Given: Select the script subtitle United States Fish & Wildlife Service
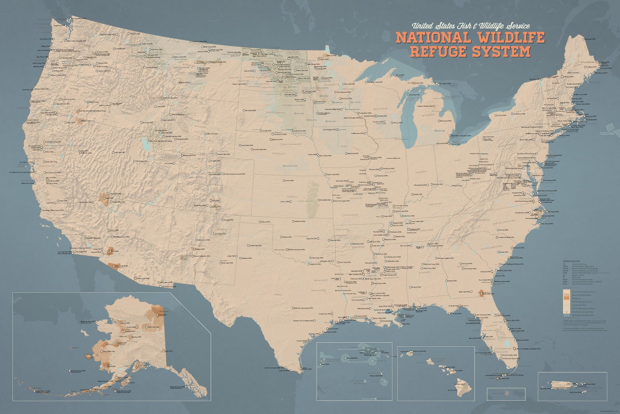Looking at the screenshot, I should click(471, 26).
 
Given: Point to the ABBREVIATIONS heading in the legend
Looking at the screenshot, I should click(571, 261).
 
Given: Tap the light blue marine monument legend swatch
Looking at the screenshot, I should click(566, 315).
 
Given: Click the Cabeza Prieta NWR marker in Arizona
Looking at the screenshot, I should click(114, 266).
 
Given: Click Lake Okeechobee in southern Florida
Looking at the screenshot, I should click(506, 344).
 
